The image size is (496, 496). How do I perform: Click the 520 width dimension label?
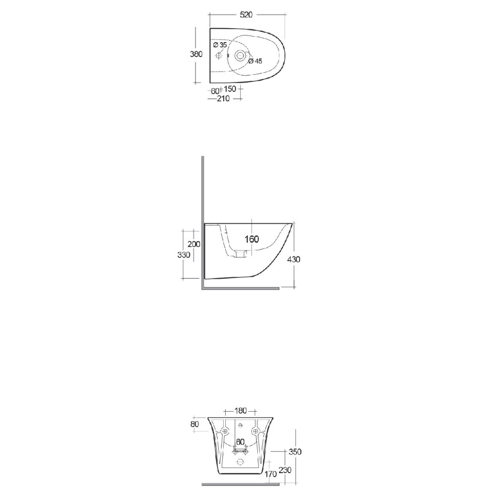click(x=247, y=15)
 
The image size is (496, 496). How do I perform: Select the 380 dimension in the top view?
click(x=196, y=55)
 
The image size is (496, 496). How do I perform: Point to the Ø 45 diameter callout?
click(x=255, y=61)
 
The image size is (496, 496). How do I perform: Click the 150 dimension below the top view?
click(x=230, y=90)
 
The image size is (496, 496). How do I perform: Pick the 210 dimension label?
click(x=223, y=99)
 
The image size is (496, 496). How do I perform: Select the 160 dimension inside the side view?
click(x=251, y=239)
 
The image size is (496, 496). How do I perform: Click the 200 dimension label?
click(x=193, y=244)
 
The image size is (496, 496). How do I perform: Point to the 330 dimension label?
click(x=184, y=254)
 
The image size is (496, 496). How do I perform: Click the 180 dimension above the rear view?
click(x=241, y=411)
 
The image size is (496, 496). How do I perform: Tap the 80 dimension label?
click(x=194, y=424)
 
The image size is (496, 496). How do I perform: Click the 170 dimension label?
click(x=271, y=475)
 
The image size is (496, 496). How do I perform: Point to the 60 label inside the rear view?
click(x=240, y=441)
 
